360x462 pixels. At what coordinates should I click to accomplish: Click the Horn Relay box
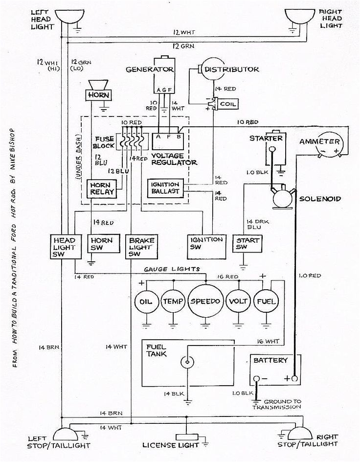pyautogui.click(x=102, y=188)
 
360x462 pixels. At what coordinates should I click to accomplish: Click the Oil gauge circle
pyautogui.click(x=146, y=300)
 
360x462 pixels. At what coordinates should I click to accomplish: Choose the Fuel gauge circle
pyautogui.click(x=266, y=300)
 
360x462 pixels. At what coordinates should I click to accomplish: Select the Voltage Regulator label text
pyautogui.click(x=167, y=159)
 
